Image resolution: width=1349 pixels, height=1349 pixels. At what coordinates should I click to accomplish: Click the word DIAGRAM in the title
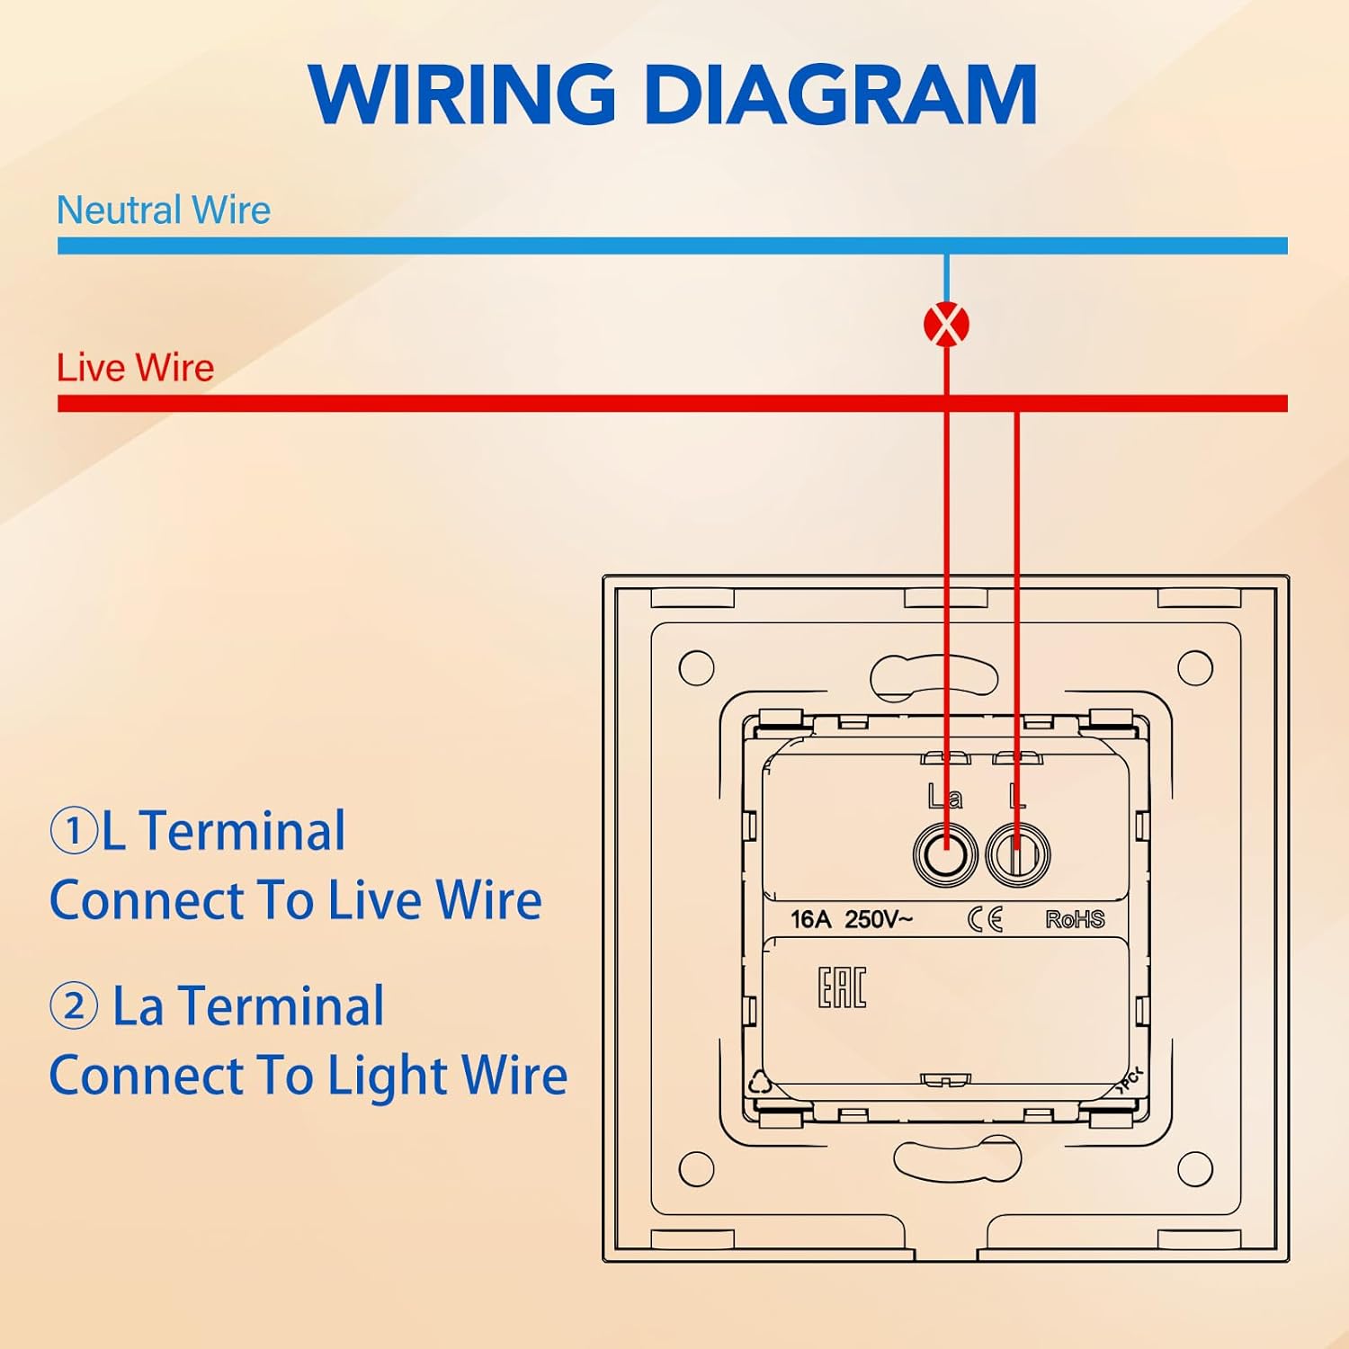841,94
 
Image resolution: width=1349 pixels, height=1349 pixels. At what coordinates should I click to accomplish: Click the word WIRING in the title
461,94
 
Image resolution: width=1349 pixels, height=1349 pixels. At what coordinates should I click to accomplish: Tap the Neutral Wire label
163,210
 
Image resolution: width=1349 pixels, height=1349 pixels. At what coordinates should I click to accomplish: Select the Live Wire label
135,368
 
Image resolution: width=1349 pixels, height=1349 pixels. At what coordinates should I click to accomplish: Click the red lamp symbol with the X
946,325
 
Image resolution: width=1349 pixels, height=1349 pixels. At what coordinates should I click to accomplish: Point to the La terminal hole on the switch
945,853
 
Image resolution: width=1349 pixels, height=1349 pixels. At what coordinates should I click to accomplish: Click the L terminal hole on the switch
1017,853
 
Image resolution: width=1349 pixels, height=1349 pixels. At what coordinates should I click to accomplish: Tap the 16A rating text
810,919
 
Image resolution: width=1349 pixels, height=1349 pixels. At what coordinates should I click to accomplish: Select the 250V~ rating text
879,919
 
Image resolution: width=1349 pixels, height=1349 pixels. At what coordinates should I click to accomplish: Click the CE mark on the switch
985,919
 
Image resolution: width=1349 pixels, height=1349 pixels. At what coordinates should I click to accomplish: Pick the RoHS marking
1075,919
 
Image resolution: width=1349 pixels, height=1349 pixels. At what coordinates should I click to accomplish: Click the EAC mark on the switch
842,987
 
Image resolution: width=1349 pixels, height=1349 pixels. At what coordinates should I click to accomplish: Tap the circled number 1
73,830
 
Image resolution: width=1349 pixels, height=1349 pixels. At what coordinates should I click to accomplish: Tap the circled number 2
73,1005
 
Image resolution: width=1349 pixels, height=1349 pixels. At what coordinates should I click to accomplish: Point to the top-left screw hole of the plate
696,667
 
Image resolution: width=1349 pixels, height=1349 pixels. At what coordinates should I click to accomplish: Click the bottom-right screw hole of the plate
1194,1168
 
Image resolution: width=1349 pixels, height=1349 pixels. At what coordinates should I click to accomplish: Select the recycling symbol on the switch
760,1083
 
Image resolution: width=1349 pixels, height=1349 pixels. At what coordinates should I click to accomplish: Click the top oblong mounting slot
934,676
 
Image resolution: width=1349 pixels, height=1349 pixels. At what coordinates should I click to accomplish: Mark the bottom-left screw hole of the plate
696,1168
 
